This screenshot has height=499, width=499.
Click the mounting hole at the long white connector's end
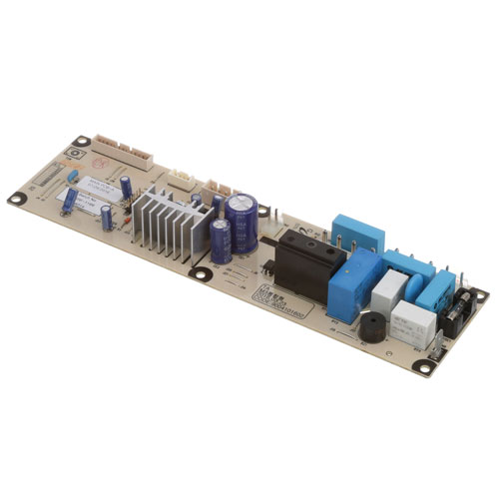click(x=84, y=141)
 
